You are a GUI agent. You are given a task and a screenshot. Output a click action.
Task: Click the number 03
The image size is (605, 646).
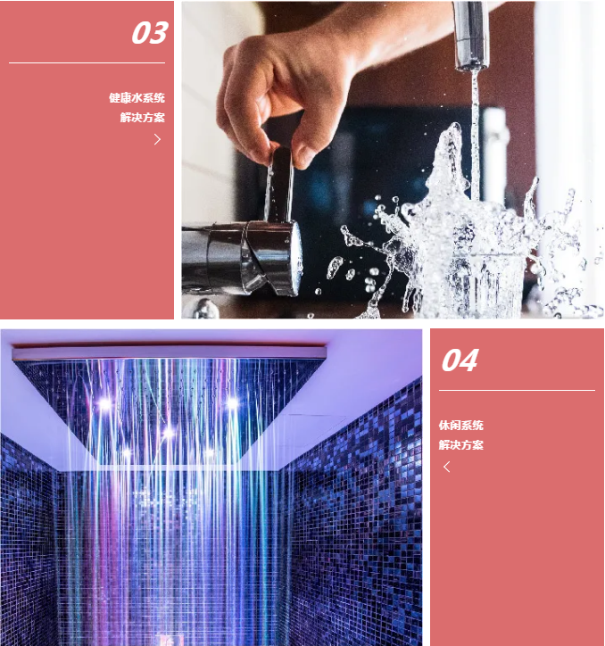[149, 33]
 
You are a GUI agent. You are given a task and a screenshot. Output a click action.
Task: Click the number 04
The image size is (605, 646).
[460, 360]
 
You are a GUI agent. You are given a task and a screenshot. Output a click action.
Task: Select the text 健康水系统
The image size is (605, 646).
[137, 98]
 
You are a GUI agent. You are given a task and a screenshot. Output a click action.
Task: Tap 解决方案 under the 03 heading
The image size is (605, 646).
[143, 117]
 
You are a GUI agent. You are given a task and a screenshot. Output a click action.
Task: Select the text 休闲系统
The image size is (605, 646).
[460, 426]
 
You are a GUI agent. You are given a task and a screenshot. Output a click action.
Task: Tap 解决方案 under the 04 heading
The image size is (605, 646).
[460, 444]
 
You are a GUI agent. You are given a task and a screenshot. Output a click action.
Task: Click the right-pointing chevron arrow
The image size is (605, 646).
[157, 139]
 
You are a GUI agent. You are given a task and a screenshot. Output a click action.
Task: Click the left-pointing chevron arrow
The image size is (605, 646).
[447, 467]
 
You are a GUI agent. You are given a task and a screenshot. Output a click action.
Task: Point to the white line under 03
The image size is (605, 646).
[87, 63]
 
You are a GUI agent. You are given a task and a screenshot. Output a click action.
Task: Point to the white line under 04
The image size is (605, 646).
[517, 390]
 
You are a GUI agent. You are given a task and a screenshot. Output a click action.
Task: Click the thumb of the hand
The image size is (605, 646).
[308, 143]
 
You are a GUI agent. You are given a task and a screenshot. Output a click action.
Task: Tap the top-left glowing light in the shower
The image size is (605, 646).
[104, 403]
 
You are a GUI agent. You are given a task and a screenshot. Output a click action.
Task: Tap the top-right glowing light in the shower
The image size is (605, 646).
[232, 403]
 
